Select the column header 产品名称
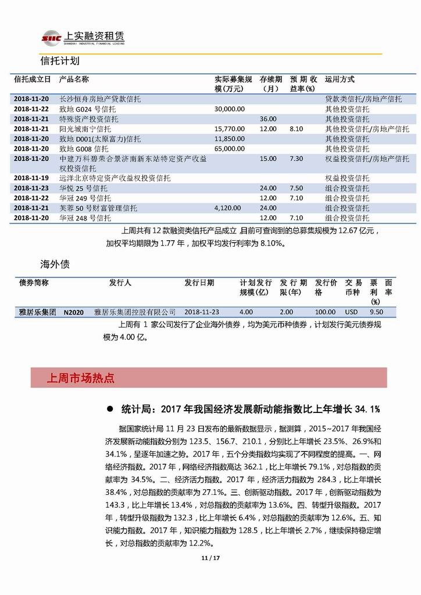(74, 79)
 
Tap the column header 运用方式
(340, 79)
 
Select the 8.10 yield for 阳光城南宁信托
(296, 129)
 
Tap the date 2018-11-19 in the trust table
(31, 178)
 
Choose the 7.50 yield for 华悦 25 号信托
(296, 188)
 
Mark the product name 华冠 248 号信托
(85, 218)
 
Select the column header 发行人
(120, 283)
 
